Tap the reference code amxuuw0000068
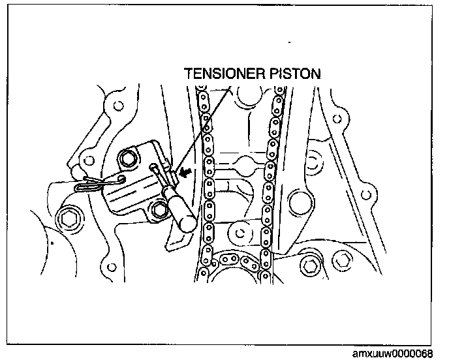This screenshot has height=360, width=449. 399,353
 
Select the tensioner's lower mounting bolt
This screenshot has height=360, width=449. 159,210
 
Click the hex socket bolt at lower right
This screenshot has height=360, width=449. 313,265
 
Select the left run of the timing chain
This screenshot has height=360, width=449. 207,183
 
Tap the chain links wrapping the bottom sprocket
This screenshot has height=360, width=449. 238,261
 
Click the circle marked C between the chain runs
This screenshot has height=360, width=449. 243,232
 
